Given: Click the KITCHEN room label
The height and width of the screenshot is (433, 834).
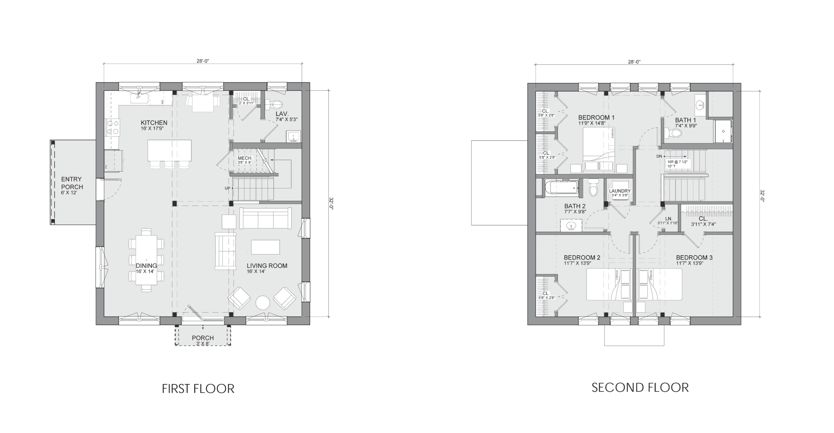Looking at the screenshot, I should (154, 123).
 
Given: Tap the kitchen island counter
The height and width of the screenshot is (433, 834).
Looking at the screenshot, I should (170, 150).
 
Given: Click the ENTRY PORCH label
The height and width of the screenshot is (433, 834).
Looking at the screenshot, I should (71, 183).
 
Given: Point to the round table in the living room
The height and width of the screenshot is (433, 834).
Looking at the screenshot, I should (263, 303).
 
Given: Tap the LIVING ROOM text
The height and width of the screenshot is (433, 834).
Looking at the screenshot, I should (267, 266).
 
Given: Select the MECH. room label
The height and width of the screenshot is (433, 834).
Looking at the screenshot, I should (245, 158).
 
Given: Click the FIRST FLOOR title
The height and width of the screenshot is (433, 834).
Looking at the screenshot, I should (198, 389).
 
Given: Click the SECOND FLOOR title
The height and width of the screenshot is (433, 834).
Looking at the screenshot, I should (640, 388).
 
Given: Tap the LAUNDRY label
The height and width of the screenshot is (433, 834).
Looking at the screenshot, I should (620, 191).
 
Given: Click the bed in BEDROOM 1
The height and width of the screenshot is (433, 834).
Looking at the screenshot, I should (598, 150).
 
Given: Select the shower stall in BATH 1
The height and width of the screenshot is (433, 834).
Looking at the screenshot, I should (723, 131).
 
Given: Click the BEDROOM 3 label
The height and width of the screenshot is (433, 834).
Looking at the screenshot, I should (694, 257).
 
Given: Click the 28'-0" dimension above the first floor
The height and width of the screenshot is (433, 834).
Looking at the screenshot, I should (203, 61).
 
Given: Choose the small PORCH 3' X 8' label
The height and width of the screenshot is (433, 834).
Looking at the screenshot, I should (203, 338).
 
